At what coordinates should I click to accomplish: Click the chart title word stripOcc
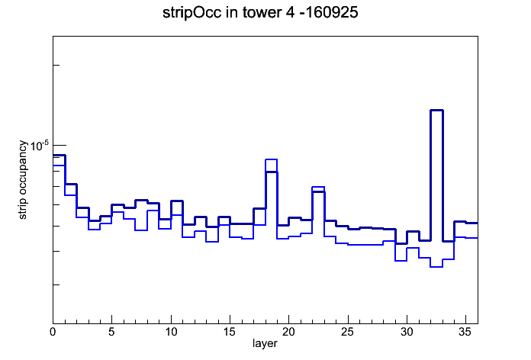[191, 13]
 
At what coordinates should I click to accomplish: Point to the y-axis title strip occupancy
[22, 180]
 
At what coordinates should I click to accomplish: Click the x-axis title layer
[265, 343]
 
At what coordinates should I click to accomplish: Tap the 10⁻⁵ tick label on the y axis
[40, 146]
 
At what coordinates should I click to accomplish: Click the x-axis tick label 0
[53, 332]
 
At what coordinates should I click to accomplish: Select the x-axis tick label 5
[111, 332]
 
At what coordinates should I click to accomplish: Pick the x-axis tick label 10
[171, 332]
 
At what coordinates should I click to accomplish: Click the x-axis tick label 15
[230, 332]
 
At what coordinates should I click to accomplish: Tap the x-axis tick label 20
[288, 332]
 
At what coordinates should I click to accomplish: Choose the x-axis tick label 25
[347, 332]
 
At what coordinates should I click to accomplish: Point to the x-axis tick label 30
[407, 332]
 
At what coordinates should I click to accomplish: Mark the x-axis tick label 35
[465, 332]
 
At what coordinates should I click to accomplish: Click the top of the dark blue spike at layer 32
[436, 110]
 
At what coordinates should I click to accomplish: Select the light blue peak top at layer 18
[272, 159]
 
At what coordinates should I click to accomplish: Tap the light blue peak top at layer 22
[318, 187]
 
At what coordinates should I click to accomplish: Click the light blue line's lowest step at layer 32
[436, 267]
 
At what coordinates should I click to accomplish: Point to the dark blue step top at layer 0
[59, 155]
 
